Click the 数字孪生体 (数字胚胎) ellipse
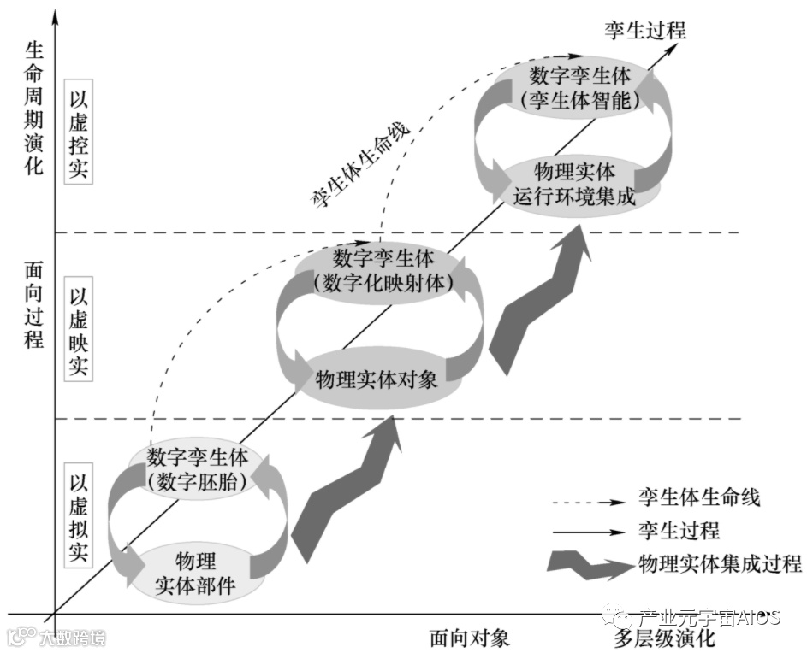(x=198, y=468)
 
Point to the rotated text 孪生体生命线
(x=360, y=163)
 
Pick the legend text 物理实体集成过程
(x=720, y=563)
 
